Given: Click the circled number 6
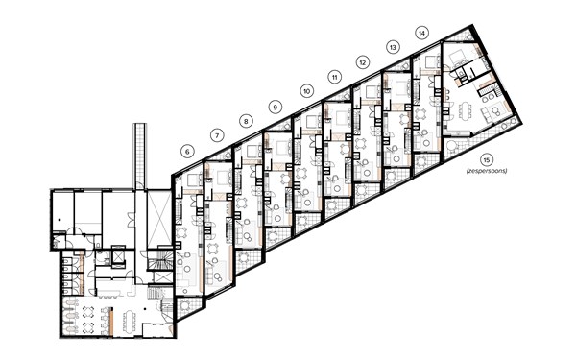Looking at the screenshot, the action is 187,150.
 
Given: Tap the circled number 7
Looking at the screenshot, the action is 217,135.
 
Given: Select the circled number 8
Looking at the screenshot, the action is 247,121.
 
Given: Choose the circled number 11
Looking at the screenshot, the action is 334,76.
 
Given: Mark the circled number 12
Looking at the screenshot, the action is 363,61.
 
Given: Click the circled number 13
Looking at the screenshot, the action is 393,46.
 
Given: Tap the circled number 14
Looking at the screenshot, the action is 421,32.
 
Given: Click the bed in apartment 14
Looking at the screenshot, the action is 427,63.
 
